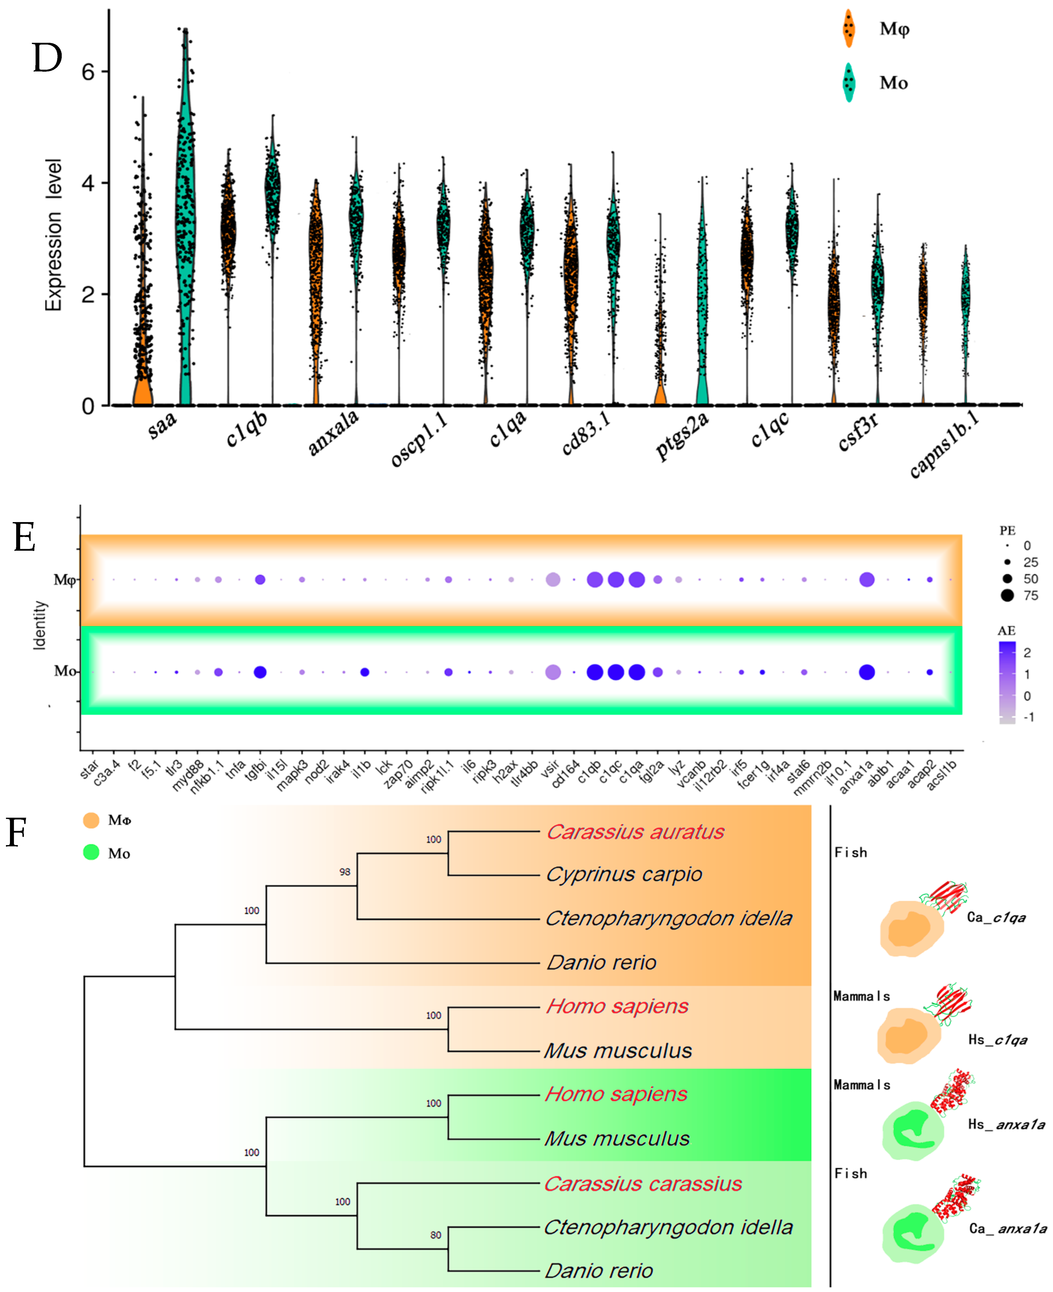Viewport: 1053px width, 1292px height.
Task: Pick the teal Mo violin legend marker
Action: (849, 83)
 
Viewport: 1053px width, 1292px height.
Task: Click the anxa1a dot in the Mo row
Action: (867, 672)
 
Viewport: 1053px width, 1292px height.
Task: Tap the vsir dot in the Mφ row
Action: (553, 580)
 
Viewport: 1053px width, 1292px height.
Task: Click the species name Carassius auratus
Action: (635, 832)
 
